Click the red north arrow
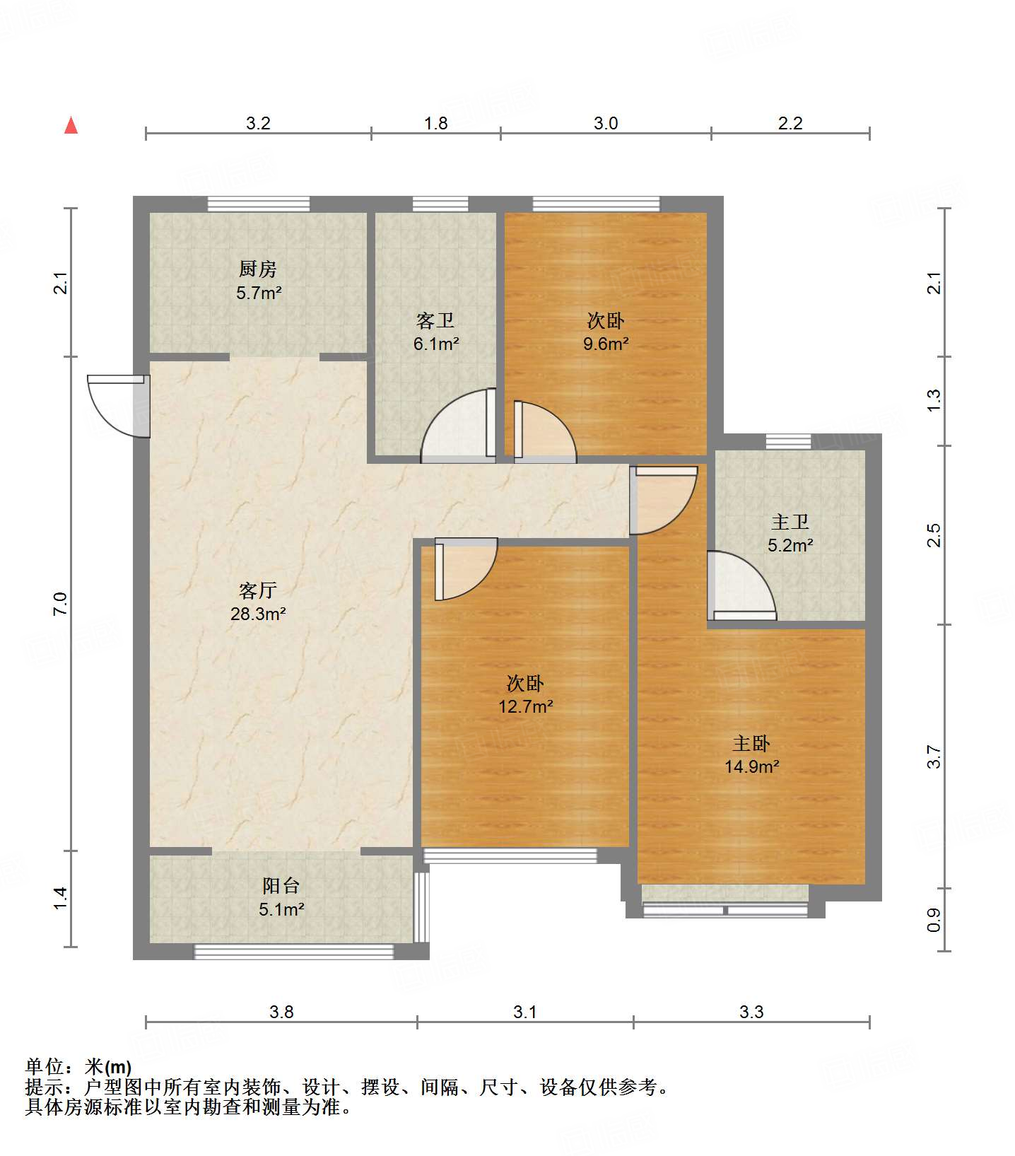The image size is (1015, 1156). click(71, 125)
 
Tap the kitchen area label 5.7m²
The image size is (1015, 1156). click(259, 292)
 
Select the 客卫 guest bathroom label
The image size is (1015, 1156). click(435, 321)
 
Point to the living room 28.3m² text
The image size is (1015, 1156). click(258, 614)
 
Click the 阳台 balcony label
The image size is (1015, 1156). click(281, 885)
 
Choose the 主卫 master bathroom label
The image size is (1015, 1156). click(790, 522)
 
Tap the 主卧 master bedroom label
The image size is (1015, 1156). click(751, 743)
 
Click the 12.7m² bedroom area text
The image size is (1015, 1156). click(525, 706)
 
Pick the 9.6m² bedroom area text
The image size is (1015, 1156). click(606, 344)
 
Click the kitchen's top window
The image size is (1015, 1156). click(259, 204)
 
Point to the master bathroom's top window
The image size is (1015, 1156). click(789, 442)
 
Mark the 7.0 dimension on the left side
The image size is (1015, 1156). click(61, 603)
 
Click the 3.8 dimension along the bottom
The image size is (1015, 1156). click(281, 1012)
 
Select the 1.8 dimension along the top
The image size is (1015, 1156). click(435, 123)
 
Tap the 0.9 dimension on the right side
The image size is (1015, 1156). click(934, 920)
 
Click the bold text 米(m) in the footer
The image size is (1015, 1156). click(108, 1067)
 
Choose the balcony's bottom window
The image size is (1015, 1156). click(294, 952)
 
